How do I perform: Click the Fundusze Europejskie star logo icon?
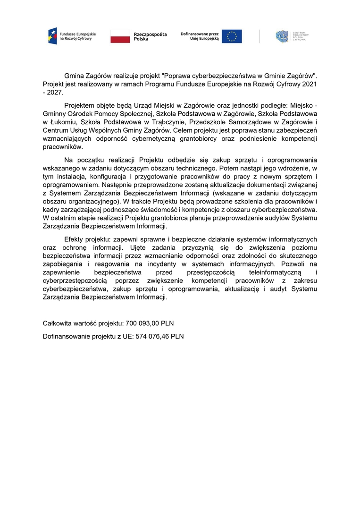(x=52, y=36)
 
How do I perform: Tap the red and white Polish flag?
(x=120, y=36)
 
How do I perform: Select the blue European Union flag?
(x=232, y=36)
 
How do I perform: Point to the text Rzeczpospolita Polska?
(x=150, y=36)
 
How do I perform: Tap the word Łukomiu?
(x=61, y=122)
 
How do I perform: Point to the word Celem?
(x=184, y=130)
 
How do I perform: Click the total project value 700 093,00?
(x=142, y=323)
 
